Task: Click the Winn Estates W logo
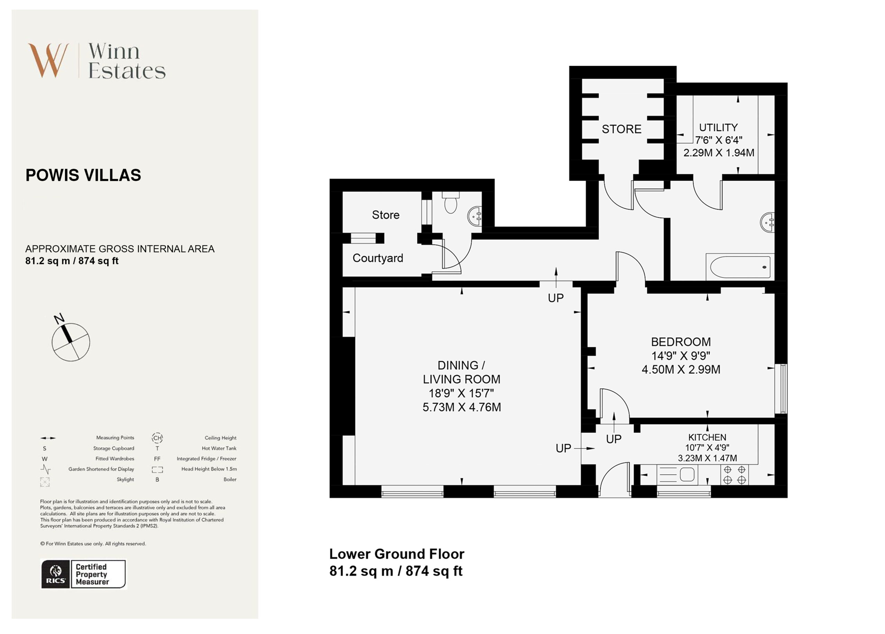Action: pos(49,60)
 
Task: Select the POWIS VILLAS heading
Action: pos(83,175)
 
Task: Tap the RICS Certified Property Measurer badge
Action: pos(84,574)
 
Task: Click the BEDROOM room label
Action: pos(681,342)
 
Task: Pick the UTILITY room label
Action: pos(718,128)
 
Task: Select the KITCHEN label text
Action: pos(707,437)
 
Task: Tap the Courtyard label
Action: pos(378,258)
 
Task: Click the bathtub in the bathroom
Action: pos(740,267)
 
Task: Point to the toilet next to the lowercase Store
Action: pos(451,202)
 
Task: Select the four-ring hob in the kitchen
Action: pos(734,475)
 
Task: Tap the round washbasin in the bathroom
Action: pos(767,223)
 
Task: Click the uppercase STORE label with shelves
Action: pos(621,129)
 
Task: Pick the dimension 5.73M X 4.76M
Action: pos(462,407)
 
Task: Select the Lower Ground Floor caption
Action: pos(397,554)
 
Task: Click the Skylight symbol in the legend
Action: pos(45,482)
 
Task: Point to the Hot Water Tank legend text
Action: pos(219,448)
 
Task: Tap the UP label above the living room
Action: pos(556,298)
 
